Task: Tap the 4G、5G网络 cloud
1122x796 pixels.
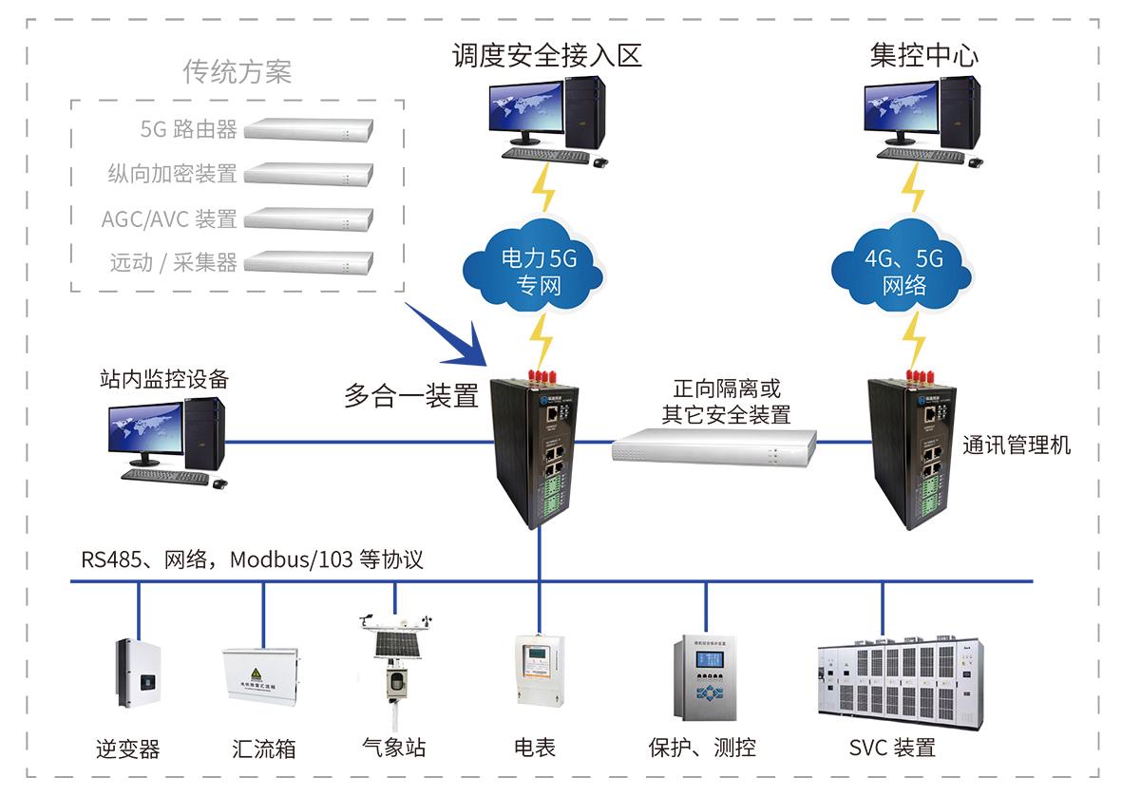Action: point(903,270)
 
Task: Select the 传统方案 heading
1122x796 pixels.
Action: point(237,73)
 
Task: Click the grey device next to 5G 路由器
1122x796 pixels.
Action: point(310,128)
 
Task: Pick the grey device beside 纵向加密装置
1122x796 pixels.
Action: point(310,174)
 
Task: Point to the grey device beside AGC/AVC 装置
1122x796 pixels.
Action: point(310,219)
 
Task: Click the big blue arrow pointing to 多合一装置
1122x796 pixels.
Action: point(451,336)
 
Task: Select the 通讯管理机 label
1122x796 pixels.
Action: point(1017,445)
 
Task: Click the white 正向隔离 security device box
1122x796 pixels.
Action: point(713,445)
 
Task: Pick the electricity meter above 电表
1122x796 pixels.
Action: point(539,670)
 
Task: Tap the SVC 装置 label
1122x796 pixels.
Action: point(893,748)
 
